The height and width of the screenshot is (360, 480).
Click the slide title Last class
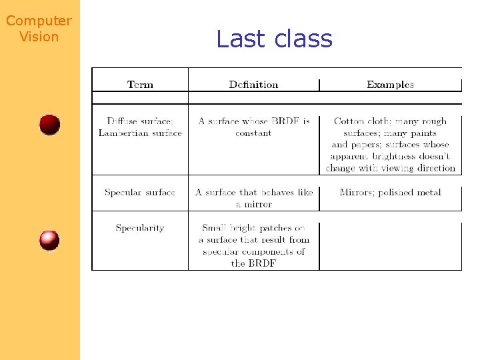[274, 39]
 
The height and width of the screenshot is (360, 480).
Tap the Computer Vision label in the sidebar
[39, 29]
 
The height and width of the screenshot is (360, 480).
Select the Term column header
[140, 85]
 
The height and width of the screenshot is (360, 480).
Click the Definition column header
[253, 85]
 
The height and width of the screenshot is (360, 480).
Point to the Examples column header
[390, 85]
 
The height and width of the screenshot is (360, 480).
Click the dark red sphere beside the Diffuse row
[49, 125]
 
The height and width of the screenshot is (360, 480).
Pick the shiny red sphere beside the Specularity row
[49, 240]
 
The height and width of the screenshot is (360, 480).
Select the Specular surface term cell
[140, 193]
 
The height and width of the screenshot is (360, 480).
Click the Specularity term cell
[140, 228]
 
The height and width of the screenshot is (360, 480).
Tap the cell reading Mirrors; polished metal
[390, 193]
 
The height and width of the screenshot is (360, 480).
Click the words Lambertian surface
[140, 133]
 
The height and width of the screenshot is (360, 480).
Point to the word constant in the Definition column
[253, 133]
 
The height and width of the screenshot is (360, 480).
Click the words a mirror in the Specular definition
[254, 204]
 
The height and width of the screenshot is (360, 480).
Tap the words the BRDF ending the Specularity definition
[253, 263]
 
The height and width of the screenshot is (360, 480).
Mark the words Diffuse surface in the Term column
[139, 121]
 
